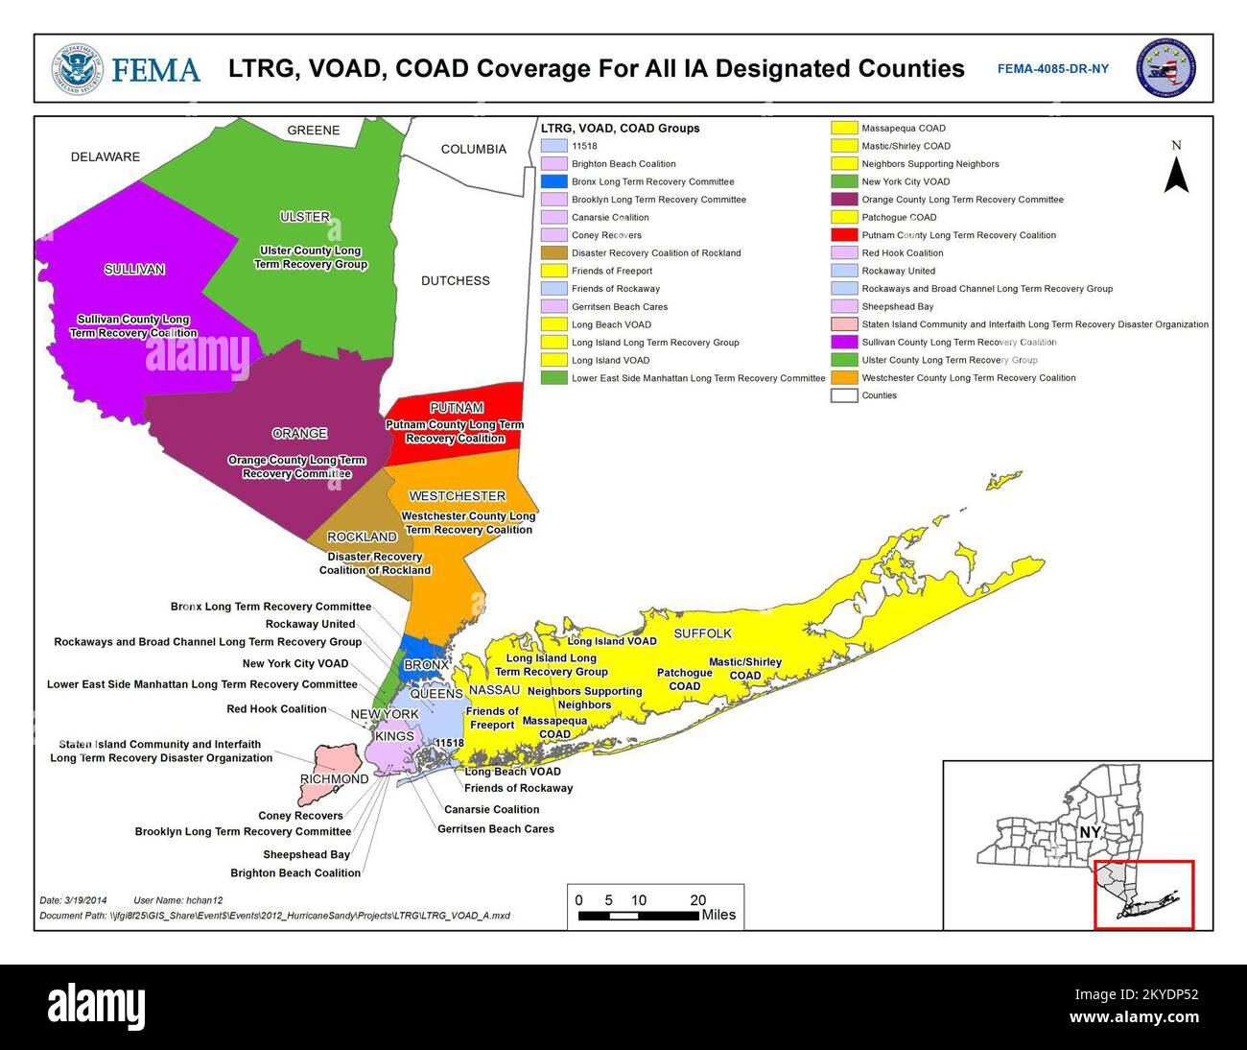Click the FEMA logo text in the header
tap(155, 70)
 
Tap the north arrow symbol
tap(1176, 173)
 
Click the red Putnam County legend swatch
tap(844, 235)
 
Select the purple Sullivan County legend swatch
tap(844, 343)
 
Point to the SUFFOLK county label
tap(702, 633)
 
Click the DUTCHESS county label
tap(455, 281)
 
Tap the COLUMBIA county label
tap(473, 150)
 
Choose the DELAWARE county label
tap(105, 157)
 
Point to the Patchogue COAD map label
tap(684, 680)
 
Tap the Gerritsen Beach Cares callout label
tap(495, 829)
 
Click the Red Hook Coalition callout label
tap(276, 709)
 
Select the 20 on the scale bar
tap(697, 900)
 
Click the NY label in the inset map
tap(1089, 832)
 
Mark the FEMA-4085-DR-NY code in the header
tap(1052, 69)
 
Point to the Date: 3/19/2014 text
tap(74, 900)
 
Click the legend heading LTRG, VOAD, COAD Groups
tap(620, 129)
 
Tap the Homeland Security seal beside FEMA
tap(77, 69)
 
